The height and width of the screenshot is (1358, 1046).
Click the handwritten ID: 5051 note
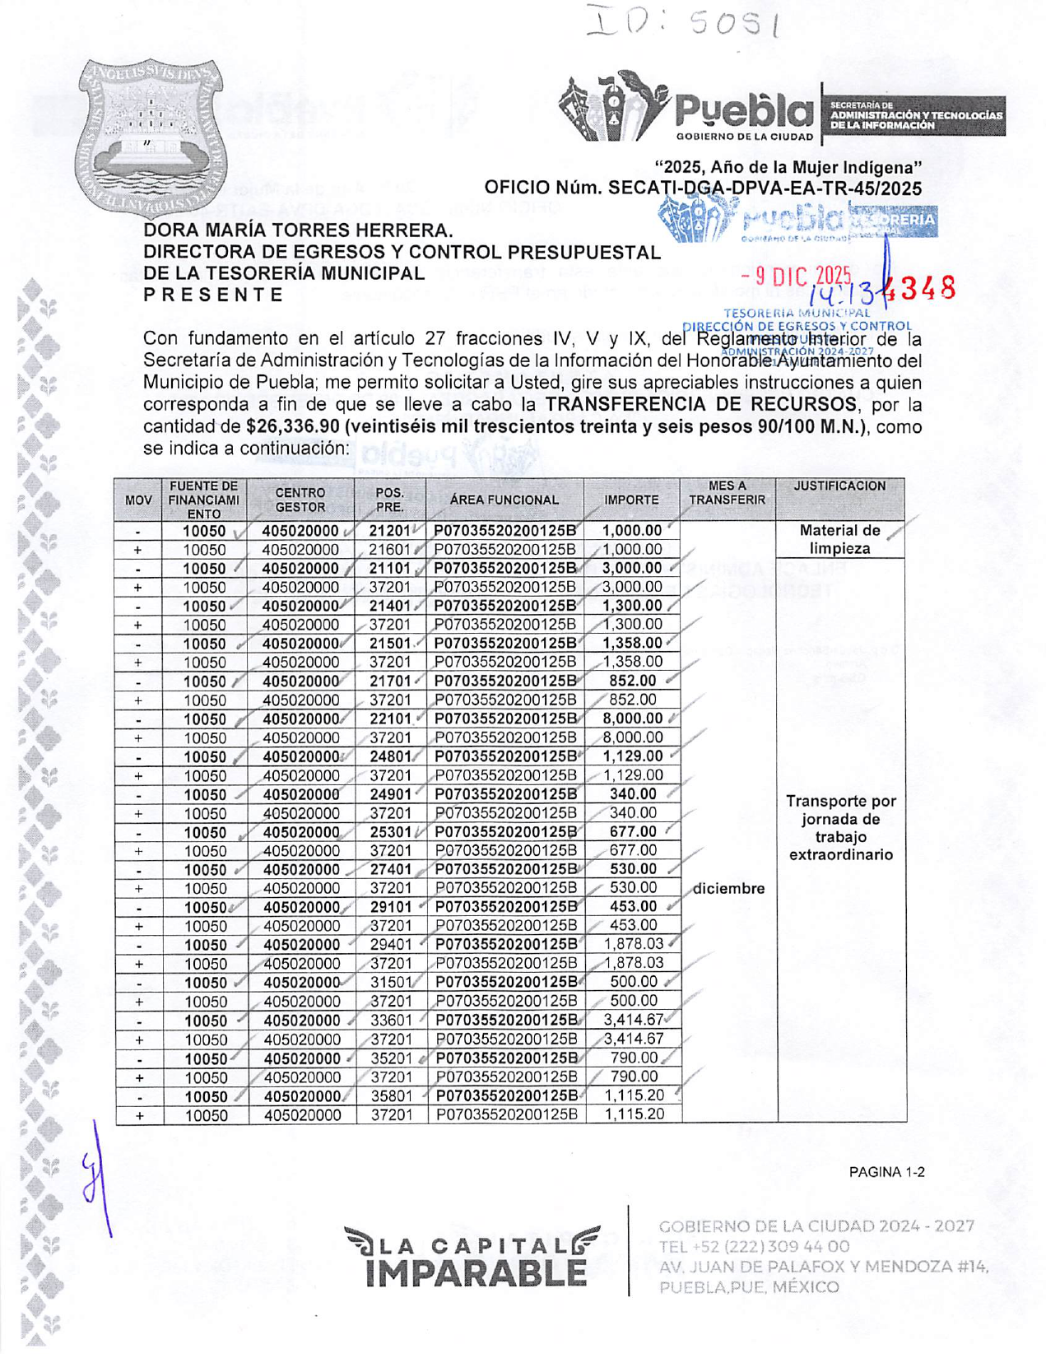(682, 22)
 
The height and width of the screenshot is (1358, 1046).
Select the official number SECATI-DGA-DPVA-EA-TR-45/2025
(765, 188)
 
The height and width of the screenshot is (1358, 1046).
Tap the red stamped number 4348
(925, 288)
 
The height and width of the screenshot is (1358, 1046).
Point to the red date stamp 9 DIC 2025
(795, 278)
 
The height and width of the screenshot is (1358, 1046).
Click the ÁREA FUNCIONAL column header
(504, 500)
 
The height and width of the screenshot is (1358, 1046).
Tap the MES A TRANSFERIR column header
(727, 493)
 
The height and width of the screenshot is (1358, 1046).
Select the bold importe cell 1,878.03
(633, 944)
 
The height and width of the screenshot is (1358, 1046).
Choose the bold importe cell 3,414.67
(633, 1020)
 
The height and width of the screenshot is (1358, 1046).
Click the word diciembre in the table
(728, 889)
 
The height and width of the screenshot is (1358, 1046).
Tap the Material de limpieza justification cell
(839, 540)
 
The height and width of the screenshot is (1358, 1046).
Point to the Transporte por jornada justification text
(840, 828)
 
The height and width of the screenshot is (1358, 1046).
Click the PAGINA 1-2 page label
(886, 1172)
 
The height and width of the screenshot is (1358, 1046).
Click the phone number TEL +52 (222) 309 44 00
(754, 1247)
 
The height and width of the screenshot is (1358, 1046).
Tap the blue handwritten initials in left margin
(96, 1177)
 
